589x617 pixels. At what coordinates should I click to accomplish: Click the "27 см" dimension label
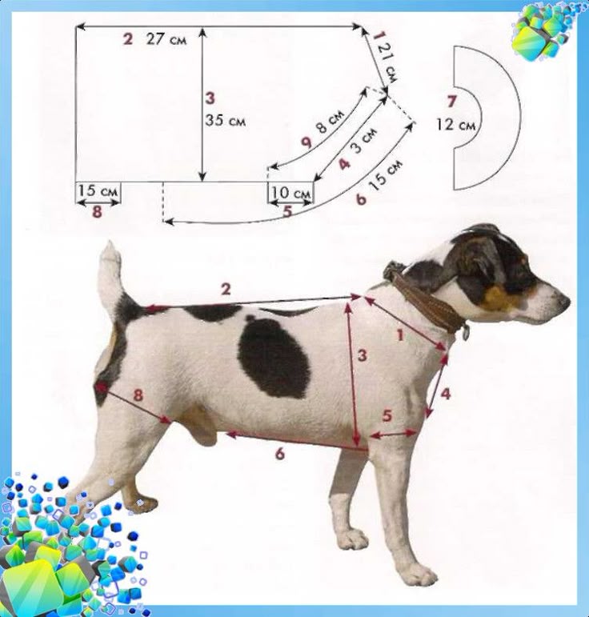(x=166, y=39)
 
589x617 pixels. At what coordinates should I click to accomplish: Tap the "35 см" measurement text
(x=225, y=120)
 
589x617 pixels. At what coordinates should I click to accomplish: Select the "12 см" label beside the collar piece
(x=455, y=125)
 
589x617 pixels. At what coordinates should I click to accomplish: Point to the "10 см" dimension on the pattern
(x=291, y=193)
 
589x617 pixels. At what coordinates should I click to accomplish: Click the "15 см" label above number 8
(x=98, y=190)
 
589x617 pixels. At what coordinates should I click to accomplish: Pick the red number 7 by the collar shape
(x=451, y=102)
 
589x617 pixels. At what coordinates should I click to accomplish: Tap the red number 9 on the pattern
(x=307, y=142)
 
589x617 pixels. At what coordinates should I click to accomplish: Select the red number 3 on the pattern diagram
(x=210, y=98)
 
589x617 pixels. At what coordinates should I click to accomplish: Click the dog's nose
(x=565, y=302)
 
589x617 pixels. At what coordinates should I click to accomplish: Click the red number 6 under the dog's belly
(x=279, y=454)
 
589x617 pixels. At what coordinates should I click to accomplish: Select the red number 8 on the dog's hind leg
(x=138, y=395)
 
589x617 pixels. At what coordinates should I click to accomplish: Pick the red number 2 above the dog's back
(x=226, y=290)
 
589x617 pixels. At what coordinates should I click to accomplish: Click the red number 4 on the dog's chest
(x=446, y=394)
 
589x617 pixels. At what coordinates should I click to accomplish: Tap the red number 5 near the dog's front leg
(x=387, y=415)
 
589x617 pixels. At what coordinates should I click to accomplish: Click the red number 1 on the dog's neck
(x=400, y=335)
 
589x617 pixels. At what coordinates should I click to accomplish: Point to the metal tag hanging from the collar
(x=465, y=332)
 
